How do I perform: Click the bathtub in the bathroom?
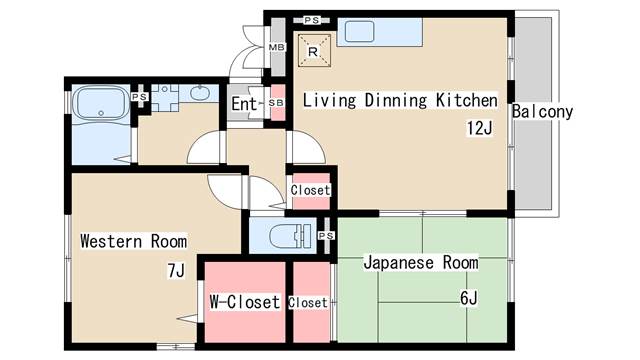pos(101,103)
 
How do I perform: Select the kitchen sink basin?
pos(359,31)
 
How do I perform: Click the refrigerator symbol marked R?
pos(313,51)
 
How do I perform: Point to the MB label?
pos(276,47)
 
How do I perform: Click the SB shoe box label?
pos(276,103)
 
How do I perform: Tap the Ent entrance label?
pos(244,104)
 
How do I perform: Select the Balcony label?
pos(542,111)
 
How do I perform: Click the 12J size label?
pos(480,128)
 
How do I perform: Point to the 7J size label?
pos(176,270)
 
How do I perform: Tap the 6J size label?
pos(469,298)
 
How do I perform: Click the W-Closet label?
pos(244,302)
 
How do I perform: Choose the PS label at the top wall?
pos(312,20)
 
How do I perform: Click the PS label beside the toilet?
pos(326,236)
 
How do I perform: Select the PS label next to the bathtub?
pos(139,97)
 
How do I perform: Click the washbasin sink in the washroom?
pos(200,93)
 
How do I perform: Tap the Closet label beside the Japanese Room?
pos(308,302)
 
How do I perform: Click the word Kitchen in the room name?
pos(467,100)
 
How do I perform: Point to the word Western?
pos(111,241)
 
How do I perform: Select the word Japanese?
pos(399,262)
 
